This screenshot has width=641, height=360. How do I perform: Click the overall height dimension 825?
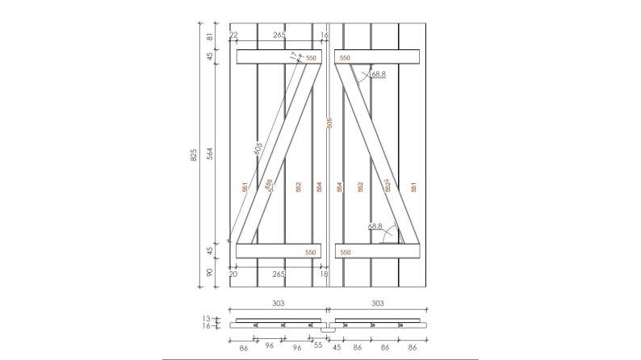(194, 156)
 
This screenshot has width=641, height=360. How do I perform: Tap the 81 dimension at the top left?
(210, 37)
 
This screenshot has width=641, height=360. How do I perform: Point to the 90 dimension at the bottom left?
(210, 274)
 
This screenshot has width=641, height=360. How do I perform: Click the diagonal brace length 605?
(258, 150)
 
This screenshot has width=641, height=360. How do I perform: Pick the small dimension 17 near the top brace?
(293, 57)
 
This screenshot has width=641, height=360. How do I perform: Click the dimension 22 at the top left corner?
(233, 36)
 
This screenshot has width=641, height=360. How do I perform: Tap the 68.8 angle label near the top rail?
(379, 74)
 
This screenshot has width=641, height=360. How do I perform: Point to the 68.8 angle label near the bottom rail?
(375, 227)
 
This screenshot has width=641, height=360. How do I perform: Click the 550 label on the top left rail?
(311, 58)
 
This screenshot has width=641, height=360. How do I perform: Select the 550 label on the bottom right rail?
(345, 253)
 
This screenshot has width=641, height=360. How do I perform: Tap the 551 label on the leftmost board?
(245, 186)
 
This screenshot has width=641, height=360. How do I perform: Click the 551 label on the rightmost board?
(413, 186)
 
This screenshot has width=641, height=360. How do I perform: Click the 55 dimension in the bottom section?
(317, 345)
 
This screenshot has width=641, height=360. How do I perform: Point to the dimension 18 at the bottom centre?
(325, 274)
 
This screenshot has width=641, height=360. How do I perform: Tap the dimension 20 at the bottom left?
(233, 274)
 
